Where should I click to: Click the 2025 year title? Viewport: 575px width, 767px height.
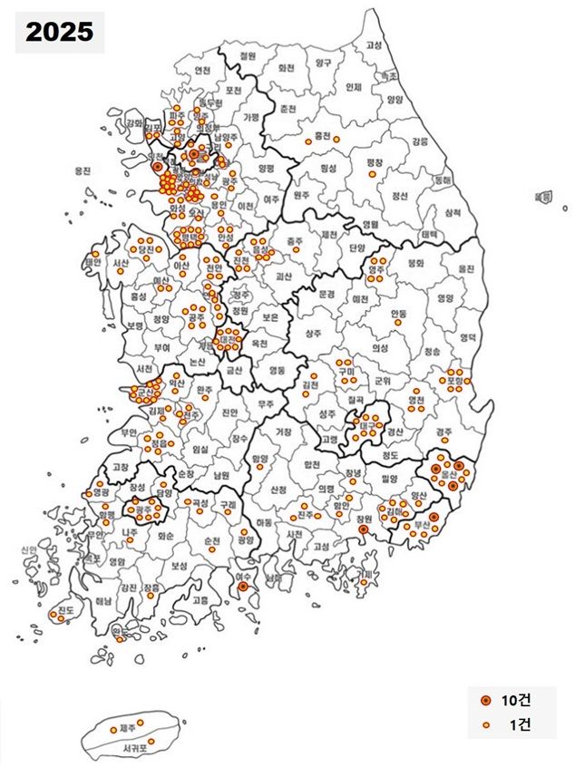click(59, 33)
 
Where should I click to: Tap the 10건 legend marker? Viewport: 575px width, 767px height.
click(485, 701)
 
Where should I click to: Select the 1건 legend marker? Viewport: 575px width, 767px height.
click(485, 724)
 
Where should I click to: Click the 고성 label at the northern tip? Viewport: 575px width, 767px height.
click(374, 44)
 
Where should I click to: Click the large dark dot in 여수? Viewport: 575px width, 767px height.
click(243, 587)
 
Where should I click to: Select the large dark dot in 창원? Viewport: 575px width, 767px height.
click(363, 529)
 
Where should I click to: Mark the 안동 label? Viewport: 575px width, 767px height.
click(399, 313)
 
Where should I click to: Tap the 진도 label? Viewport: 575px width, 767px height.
click(65, 609)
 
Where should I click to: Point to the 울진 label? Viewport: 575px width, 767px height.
click(468, 269)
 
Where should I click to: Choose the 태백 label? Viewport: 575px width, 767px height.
click(429, 233)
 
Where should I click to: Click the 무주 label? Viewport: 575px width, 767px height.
click(266, 405)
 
